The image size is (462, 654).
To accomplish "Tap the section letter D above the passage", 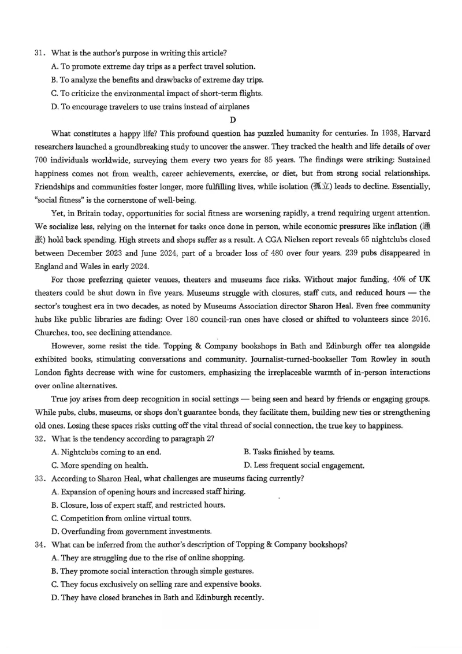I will pyautogui.click(x=233, y=120).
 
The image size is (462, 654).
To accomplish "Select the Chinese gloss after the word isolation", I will pyautogui.click(x=322, y=187).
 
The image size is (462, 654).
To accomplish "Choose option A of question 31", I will pyautogui.click(x=153, y=67).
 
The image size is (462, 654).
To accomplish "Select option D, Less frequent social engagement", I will pyautogui.click(x=304, y=465).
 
